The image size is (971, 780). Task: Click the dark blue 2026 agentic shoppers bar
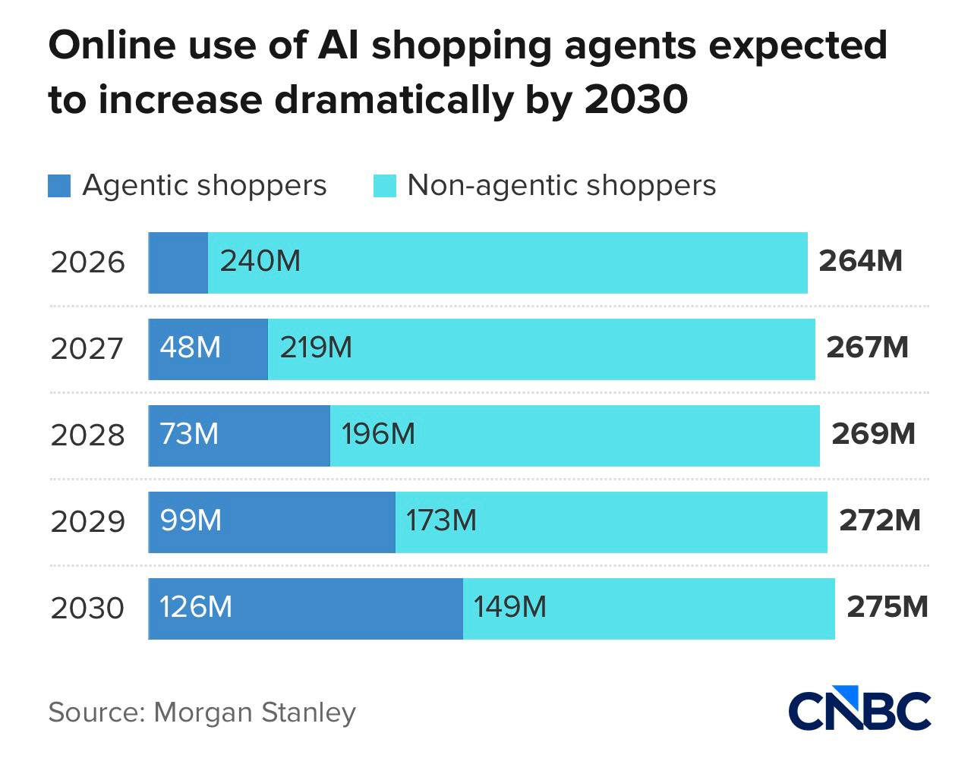click(x=178, y=263)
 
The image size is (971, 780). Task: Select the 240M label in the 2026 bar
click(x=260, y=261)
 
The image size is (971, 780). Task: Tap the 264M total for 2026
click(x=860, y=261)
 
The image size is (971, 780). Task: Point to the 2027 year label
click(x=87, y=349)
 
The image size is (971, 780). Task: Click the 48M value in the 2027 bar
click(x=190, y=348)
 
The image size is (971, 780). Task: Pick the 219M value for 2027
click(x=316, y=348)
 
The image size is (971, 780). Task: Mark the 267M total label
click(x=867, y=348)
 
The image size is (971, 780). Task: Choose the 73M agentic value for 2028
click(x=189, y=434)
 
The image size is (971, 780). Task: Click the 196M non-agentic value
click(x=378, y=434)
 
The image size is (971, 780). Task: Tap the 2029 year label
click(x=87, y=522)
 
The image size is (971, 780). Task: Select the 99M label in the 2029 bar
click(x=191, y=521)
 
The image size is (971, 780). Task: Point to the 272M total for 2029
click(x=879, y=521)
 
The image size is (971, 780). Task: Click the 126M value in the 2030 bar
click(x=196, y=607)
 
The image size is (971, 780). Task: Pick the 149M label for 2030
click(x=509, y=607)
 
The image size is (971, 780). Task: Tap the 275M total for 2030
click(x=887, y=607)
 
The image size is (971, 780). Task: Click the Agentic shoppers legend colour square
click(x=59, y=186)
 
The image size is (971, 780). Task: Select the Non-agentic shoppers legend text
click(x=561, y=185)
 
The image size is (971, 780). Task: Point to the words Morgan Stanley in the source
click(x=254, y=712)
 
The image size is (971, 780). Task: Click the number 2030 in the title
click(x=636, y=99)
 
